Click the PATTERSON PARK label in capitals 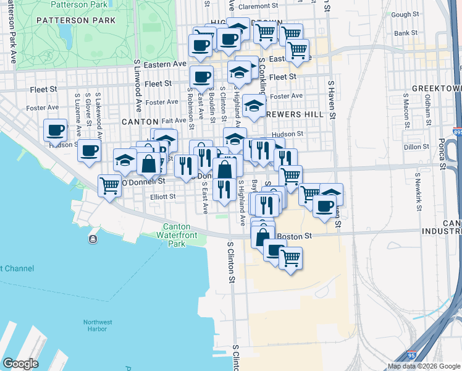pyautogui.click(x=76, y=20)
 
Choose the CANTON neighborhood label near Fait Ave pyautogui.click(x=140, y=122)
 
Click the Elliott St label pyautogui.click(x=164, y=197)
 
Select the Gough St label pyautogui.click(x=405, y=14)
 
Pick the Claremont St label pyautogui.click(x=255, y=6)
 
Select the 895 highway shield pyautogui.click(x=457, y=132)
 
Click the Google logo pyautogui.click(x=20, y=364)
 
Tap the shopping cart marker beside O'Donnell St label pyautogui.click(x=109, y=184)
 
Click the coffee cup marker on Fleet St pyautogui.click(x=201, y=77)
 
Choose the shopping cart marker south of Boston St pyautogui.click(x=290, y=257)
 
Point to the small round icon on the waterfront pyautogui.click(x=93, y=239)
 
